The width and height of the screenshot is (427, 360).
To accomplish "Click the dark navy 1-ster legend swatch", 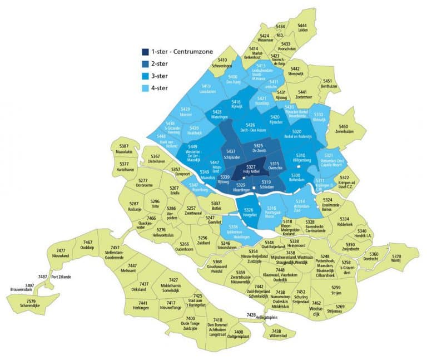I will click(145, 52).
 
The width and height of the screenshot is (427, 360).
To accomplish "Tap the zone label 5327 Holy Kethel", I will click(251, 170).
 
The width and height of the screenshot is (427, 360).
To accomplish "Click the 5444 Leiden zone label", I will click(302, 28).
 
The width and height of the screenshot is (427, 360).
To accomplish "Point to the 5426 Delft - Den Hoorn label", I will click(250, 128).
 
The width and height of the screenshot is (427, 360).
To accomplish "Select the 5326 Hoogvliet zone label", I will click(249, 212).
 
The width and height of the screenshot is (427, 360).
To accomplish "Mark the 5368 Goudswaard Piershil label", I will click(217, 265).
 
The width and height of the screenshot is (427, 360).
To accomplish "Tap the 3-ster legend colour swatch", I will click(145, 76).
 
